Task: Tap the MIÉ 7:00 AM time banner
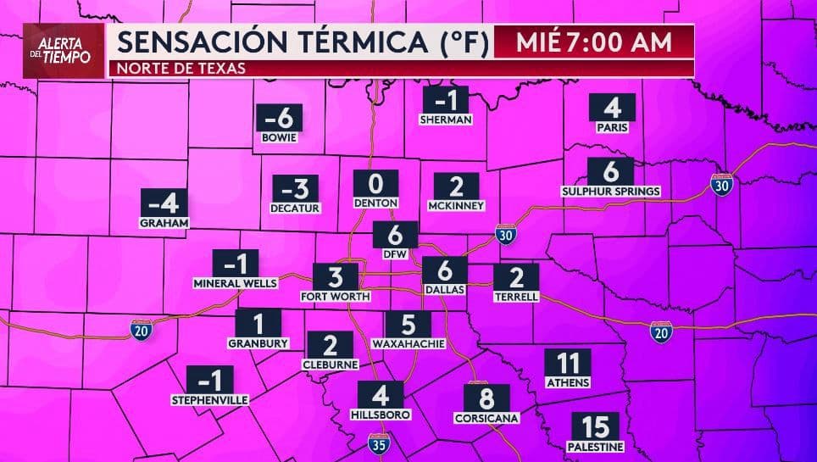tap(592, 42)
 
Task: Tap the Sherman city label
tap(446, 120)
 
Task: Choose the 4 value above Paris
tap(613, 108)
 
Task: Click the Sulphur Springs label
tap(611, 191)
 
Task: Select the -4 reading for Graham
tap(164, 203)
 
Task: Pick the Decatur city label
tap(295, 207)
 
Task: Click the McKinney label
tap(457, 205)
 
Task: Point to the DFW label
tap(396, 252)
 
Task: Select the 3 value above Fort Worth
tap(336, 276)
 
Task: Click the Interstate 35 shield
tap(379, 443)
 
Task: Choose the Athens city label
tap(568, 382)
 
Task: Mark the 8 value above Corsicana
tap(486, 398)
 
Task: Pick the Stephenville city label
tap(209, 398)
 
